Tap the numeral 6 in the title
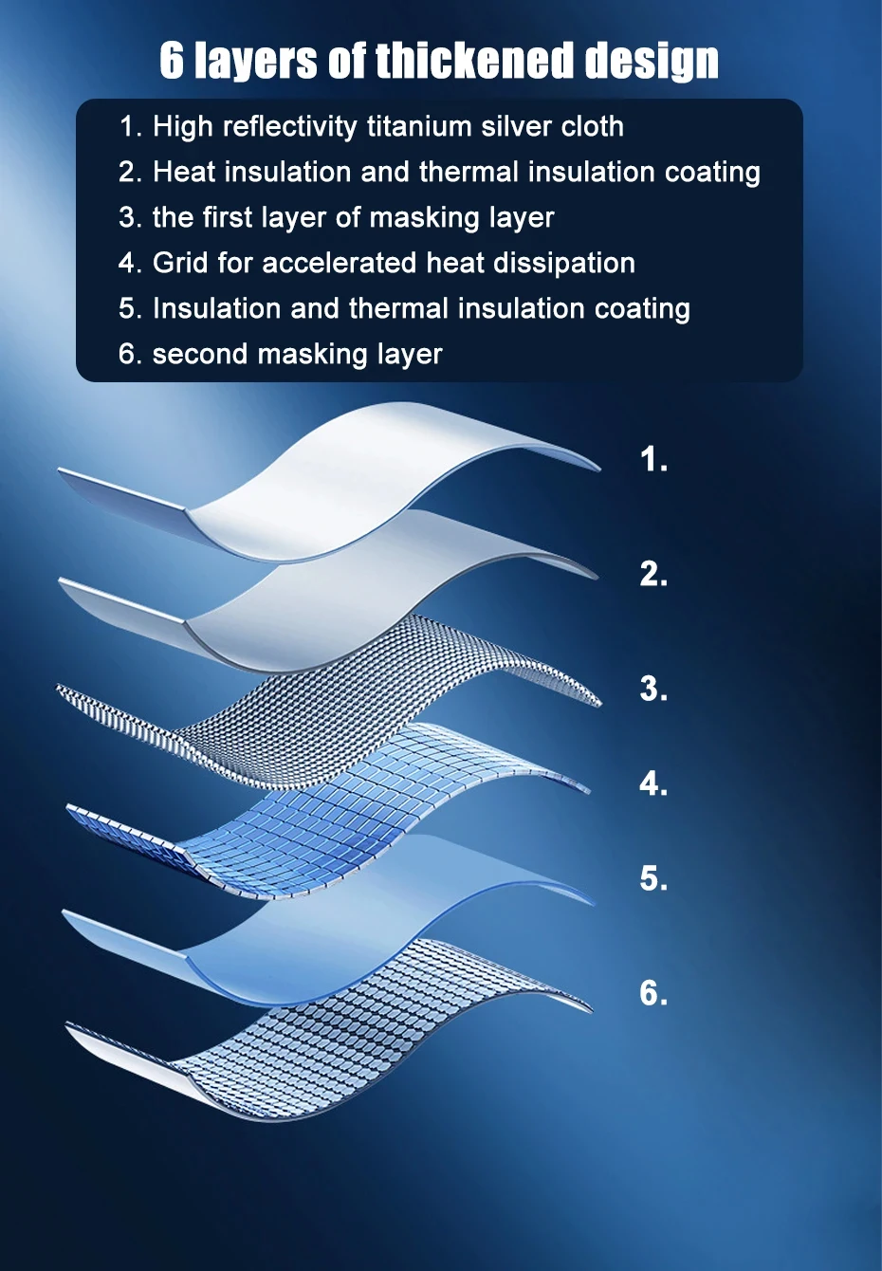(x=172, y=60)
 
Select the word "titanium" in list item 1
(x=419, y=126)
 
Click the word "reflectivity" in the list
(x=289, y=126)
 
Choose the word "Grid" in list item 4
(x=180, y=263)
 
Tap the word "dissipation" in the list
(x=563, y=264)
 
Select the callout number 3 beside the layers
(x=653, y=689)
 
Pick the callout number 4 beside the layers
(x=653, y=783)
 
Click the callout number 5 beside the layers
(x=653, y=878)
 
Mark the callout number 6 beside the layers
(x=653, y=993)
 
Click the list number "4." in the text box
(x=130, y=263)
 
